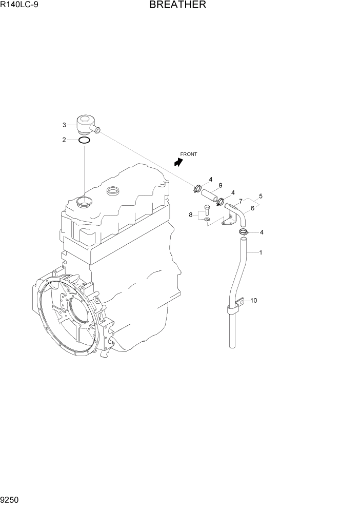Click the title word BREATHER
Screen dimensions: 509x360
[x=177, y=6]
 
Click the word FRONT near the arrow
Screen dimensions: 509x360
[x=188, y=154]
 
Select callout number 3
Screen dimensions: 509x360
[x=64, y=125]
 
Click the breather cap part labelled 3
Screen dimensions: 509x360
[x=86, y=125]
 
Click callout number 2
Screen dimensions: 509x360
[x=64, y=140]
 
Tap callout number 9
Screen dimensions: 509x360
[x=220, y=185]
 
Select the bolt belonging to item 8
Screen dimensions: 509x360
[x=206, y=210]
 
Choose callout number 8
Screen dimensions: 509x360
[x=191, y=215]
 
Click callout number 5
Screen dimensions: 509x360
[x=261, y=196]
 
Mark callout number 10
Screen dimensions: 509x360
[x=253, y=300]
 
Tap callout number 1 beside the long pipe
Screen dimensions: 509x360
[x=261, y=252]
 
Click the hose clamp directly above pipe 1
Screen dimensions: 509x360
[x=244, y=233]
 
